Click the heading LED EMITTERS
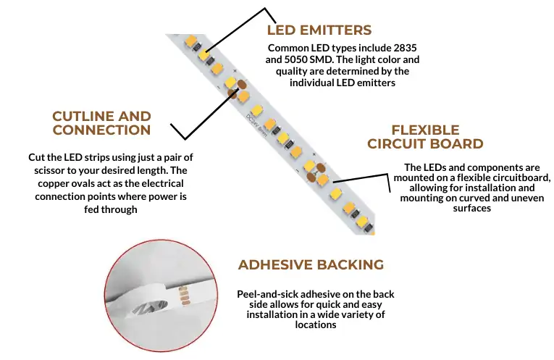click(319, 30)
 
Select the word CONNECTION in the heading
click(101, 130)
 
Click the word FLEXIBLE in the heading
click(425, 130)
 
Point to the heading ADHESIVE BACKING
click(311, 265)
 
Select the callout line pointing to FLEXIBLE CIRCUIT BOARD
click(358, 177)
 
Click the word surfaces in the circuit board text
click(471, 208)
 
